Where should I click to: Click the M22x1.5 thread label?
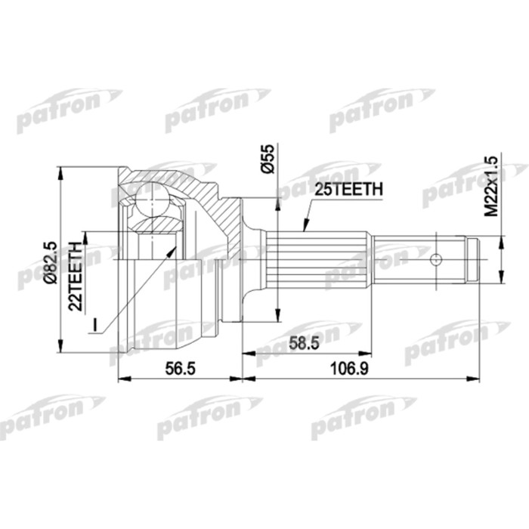491,186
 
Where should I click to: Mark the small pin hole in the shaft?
435,260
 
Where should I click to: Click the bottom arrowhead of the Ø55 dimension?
278,318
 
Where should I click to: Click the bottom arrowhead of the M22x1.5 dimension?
499,281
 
